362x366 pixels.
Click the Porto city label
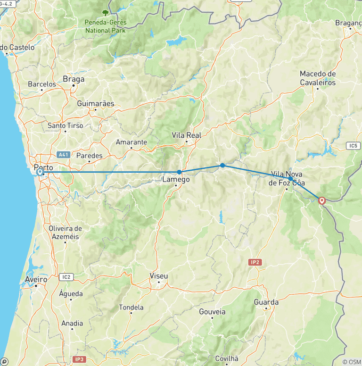[x=43, y=167]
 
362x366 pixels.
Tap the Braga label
[x=74, y=79]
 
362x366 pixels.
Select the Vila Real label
[x=186, y=135]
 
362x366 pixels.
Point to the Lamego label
[x=176, y=179]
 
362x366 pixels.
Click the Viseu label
[x=158, y=275]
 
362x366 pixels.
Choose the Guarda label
[x=266, y=302]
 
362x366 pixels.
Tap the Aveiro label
[x=36, y=280]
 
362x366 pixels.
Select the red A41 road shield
[x=64, y=155]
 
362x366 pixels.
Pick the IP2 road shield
[x=255, y=262]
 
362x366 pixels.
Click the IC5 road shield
[x=353, y=146]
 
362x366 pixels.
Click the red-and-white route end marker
[x=322, y=200]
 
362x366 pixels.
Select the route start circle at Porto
[x=40, y=172]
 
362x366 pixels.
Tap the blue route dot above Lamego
[x=179, y=172]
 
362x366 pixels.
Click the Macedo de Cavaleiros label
[x=318, y=78]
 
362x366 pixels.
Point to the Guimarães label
[x=96, y=103]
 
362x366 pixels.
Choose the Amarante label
[x=132, y=142]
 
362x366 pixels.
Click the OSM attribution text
[x=352, y=362]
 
